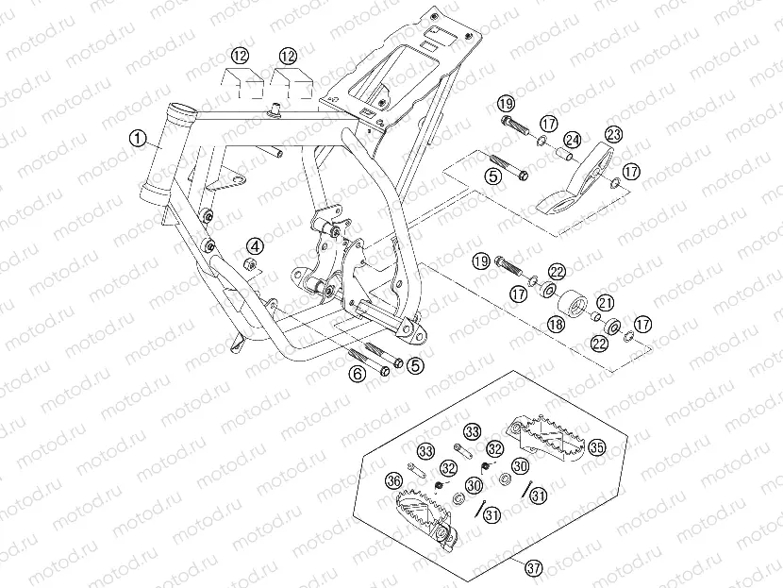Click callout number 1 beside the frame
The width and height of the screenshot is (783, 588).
coord(138,140)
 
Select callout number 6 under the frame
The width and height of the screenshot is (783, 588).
coord(357,373)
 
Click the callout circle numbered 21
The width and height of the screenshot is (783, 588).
coord(605,302)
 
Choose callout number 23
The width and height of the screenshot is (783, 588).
coord(613,135)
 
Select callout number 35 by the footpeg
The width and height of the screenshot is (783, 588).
coord(596,447)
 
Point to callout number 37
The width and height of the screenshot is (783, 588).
coord(534,567)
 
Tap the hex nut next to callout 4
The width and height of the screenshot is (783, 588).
coord(251,263)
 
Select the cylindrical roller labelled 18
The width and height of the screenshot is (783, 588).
coord(573,307)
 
